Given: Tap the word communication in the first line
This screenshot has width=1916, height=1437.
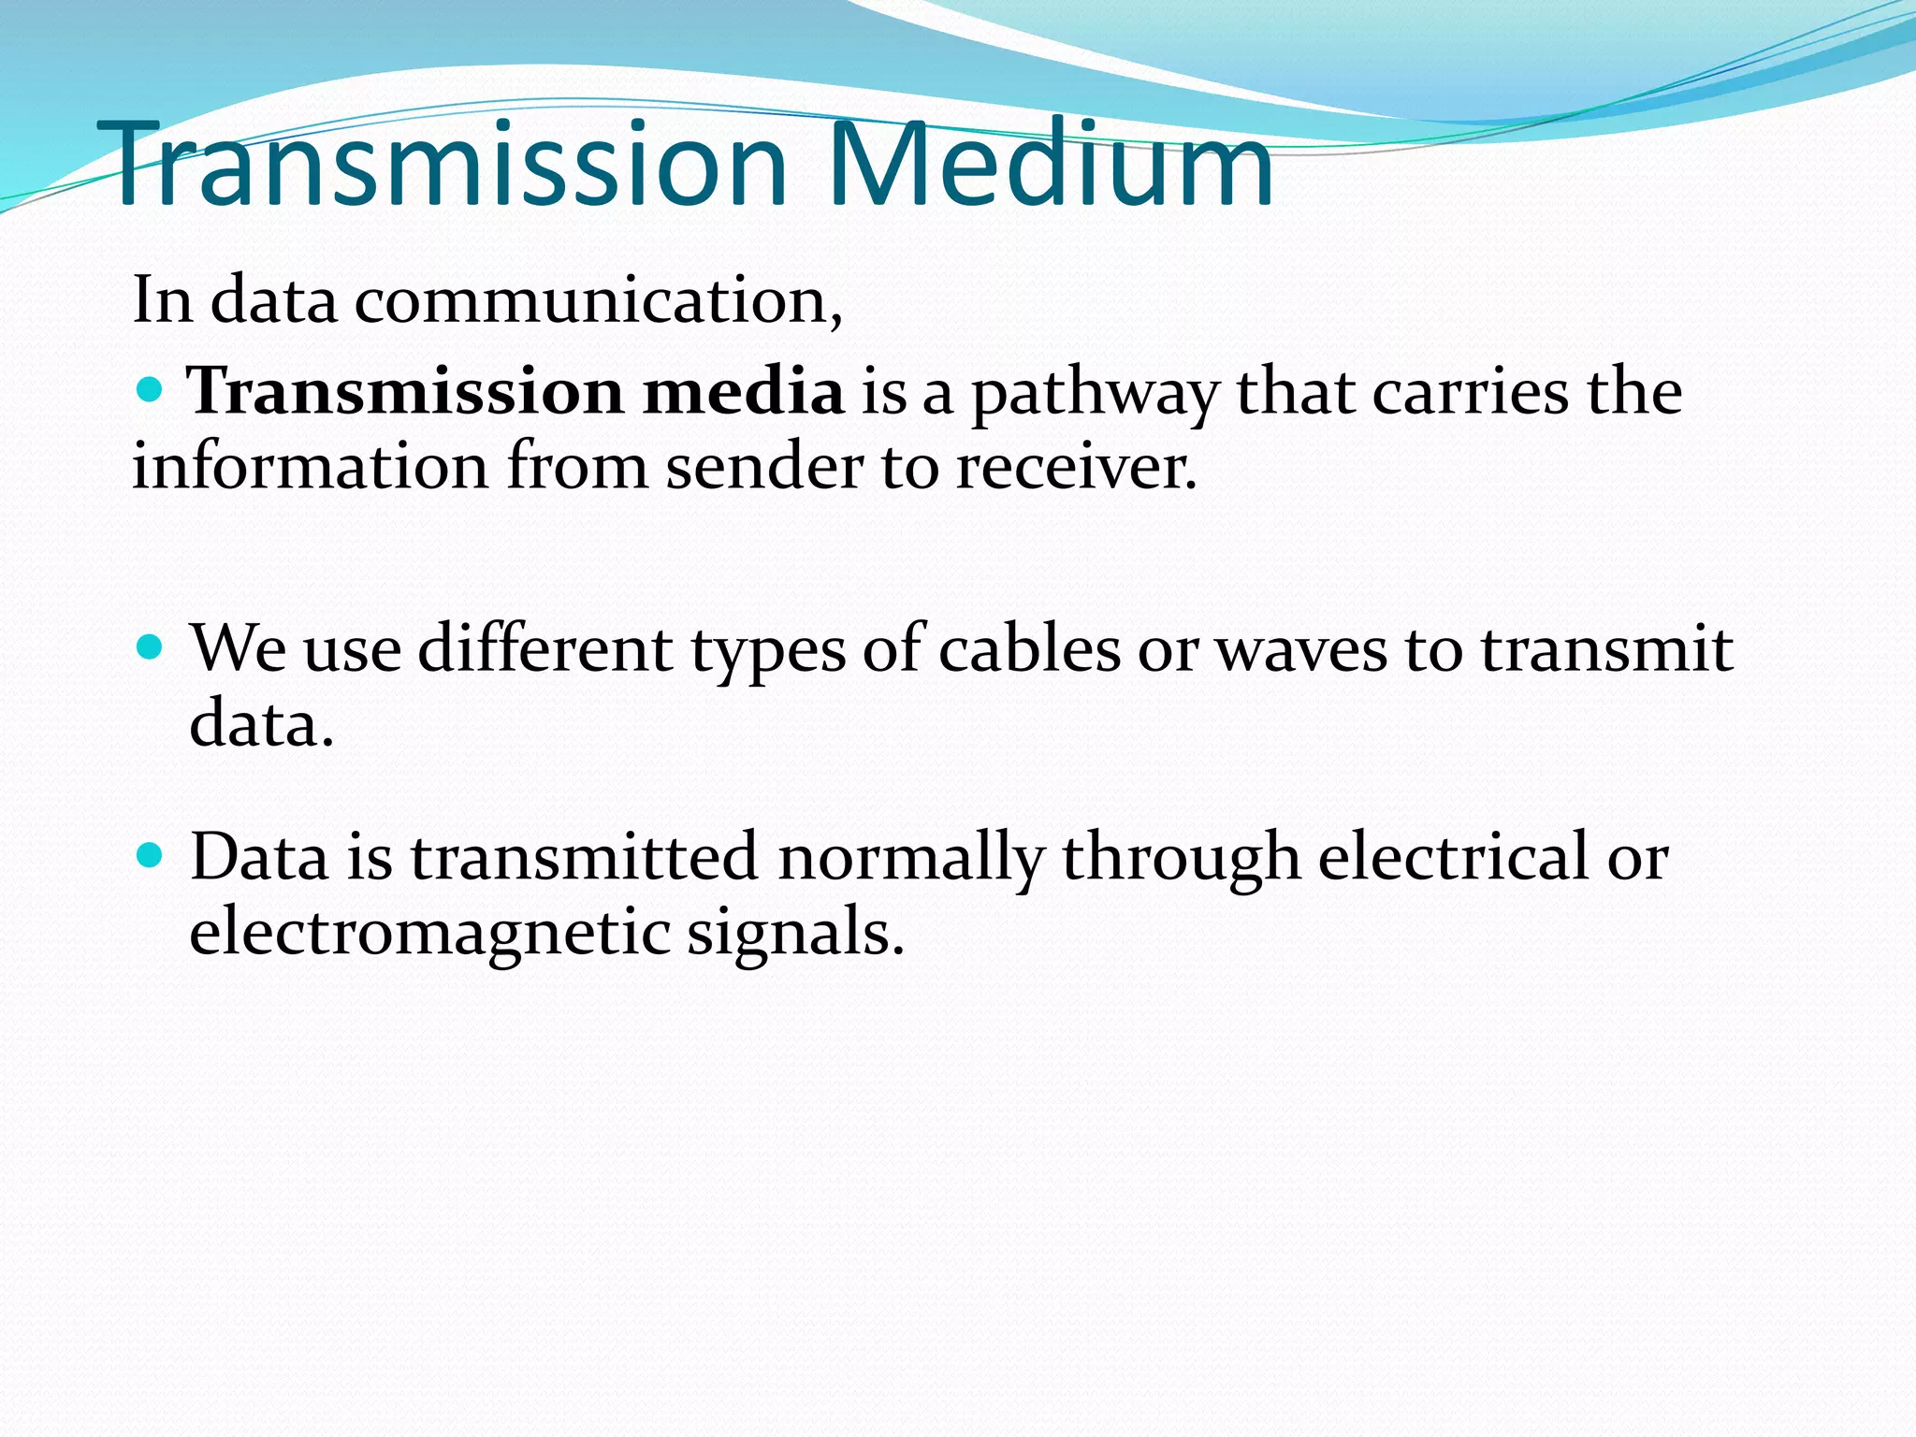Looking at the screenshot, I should tap(598, 301).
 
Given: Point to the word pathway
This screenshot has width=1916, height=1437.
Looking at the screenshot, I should tap(1095, 393).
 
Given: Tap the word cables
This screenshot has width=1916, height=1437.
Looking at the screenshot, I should tap(1029, 648).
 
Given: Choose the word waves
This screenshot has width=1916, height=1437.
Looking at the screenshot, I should tap(1301, 648).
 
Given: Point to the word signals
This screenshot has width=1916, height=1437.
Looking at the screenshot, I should tap(796, 932).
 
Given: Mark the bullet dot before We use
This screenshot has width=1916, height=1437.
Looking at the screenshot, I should tap(150, 646).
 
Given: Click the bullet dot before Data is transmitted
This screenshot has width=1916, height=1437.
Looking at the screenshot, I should tap(150, 854).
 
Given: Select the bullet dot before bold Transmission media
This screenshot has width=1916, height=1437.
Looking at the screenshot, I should tap(150, 388).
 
